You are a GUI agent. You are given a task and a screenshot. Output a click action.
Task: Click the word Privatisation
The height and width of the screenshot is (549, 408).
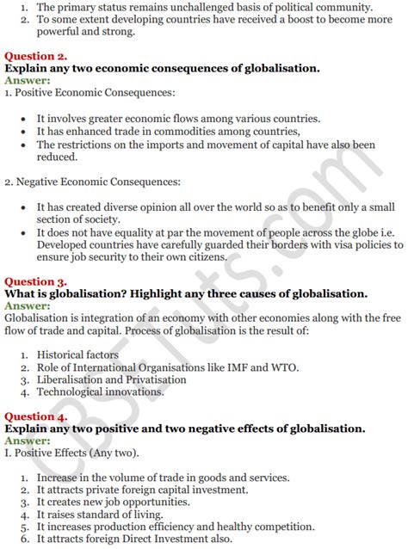(153, 380)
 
